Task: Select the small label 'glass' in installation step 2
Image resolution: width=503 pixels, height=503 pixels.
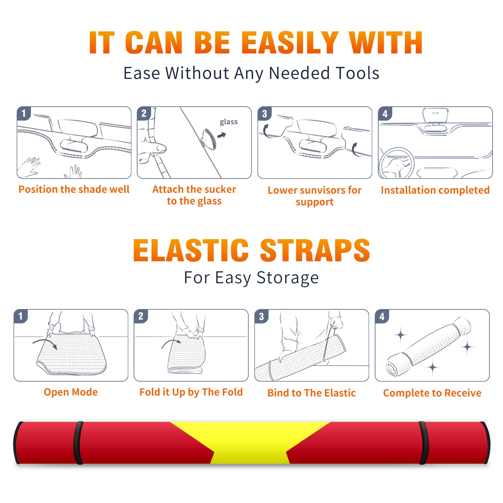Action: tap(229, 122)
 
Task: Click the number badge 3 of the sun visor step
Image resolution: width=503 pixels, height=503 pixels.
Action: tap(264, 114)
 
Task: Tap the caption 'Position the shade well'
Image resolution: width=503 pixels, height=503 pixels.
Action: tap(74, 189)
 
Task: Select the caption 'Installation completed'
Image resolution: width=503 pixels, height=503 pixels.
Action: tap(435, 190)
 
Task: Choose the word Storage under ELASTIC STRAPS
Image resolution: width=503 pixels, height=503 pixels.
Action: tap(288, 278)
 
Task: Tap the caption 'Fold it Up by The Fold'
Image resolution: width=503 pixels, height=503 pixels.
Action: tap(191, 392)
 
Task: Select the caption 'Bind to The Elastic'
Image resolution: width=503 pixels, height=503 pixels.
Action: tap(312, 393)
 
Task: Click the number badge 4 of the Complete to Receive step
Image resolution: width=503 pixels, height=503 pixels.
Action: tap(382, 317)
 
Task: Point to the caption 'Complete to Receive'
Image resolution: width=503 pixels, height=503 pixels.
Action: tap(432, 393)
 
